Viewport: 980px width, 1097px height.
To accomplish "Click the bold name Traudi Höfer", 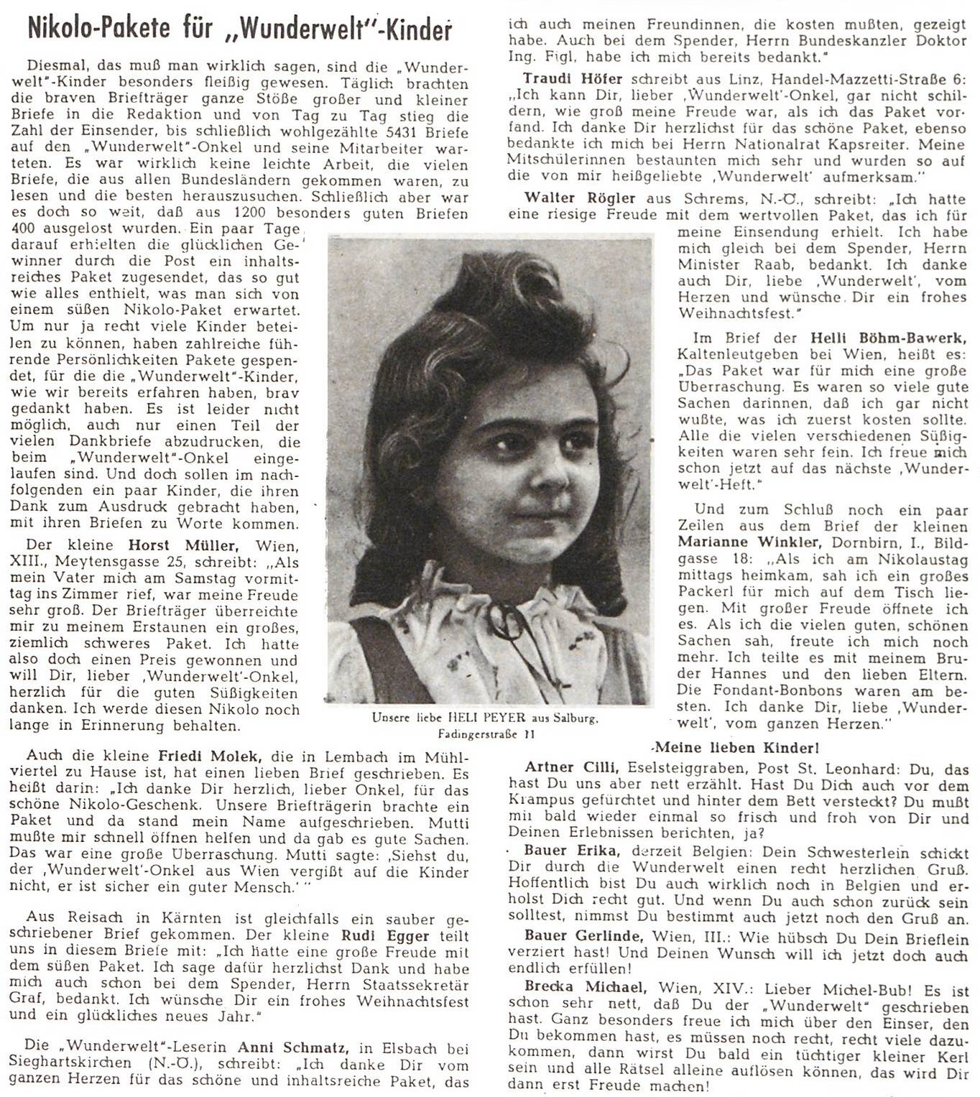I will click(573, 79).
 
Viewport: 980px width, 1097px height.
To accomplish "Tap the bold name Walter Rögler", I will click(580, 198).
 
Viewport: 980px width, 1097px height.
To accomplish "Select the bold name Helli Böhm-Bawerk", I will click(888, 338).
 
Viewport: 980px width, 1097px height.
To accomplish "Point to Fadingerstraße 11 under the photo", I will click(486, 734).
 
